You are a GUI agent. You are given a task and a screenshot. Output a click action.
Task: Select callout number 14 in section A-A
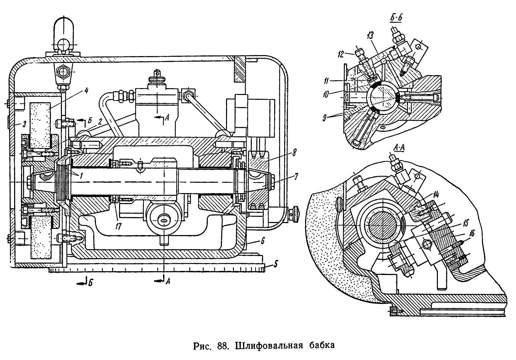(x=436, y=195)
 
